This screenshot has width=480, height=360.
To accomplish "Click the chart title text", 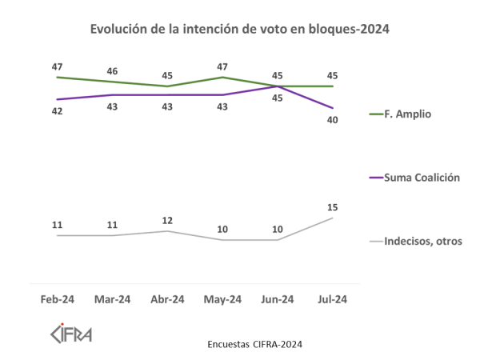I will click(240, 30).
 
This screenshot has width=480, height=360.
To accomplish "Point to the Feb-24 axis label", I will click(58, 299).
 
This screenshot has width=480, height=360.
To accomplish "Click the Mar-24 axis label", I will click(113, 299).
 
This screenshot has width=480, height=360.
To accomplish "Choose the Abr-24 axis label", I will click(168, 299).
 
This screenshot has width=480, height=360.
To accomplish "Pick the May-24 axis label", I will click(223, 299).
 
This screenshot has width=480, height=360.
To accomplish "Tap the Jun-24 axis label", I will click(278, 299).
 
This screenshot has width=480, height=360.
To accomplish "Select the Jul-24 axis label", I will click(333, 299).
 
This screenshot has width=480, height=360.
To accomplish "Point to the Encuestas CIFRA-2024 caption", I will click(254, 344).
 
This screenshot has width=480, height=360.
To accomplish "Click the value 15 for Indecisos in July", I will click(333, 208).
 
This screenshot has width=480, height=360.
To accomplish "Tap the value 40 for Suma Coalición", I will click(333, 120).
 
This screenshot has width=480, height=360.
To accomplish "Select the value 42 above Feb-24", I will click(58, 111).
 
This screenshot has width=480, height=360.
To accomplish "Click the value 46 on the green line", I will click(113, 71).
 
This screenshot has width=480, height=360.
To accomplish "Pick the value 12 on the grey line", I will click(168, 220).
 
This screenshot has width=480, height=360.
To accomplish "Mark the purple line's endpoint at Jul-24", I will click(333, 108).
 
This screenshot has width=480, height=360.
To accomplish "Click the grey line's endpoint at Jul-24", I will click(333, 218).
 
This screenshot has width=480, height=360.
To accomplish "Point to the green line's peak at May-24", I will click(223, 77).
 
